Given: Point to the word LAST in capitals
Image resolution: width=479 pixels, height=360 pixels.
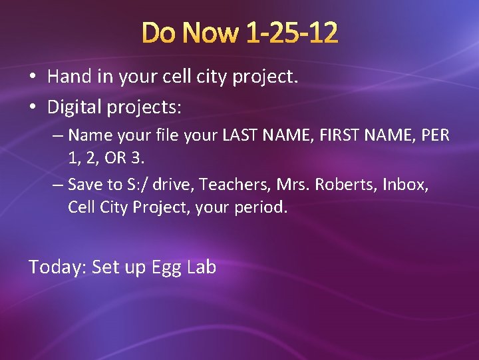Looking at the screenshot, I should (243, 135).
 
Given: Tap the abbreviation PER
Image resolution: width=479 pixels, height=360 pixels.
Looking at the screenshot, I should (436, 135).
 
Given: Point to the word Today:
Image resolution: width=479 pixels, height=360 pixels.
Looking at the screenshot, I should (57, 267).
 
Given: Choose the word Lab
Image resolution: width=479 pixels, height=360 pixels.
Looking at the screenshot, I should (201, 267).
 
